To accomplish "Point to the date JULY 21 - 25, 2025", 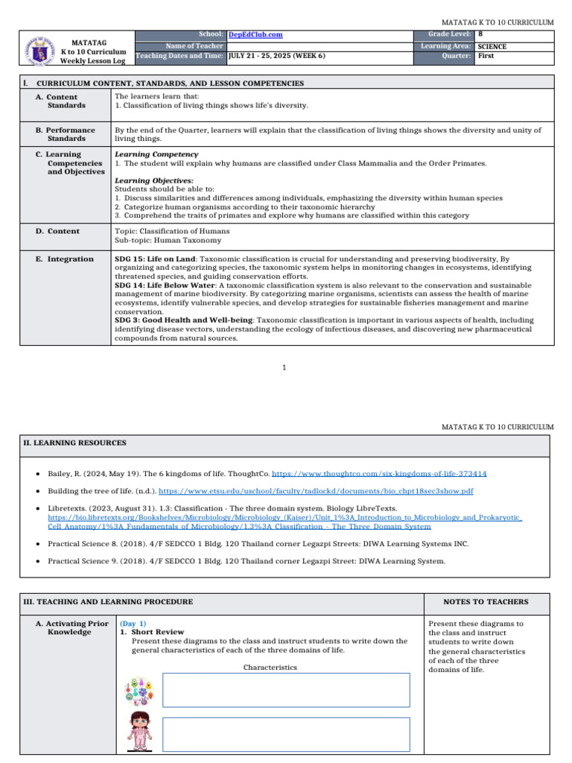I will [270, 56].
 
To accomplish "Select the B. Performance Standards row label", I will [66, 134].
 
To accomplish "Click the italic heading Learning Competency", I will [146, 154].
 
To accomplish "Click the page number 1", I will [285, 367].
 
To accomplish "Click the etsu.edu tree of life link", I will [316, 492].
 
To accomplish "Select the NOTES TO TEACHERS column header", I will [486, 602].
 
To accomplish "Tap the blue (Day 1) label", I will [133, 623].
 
